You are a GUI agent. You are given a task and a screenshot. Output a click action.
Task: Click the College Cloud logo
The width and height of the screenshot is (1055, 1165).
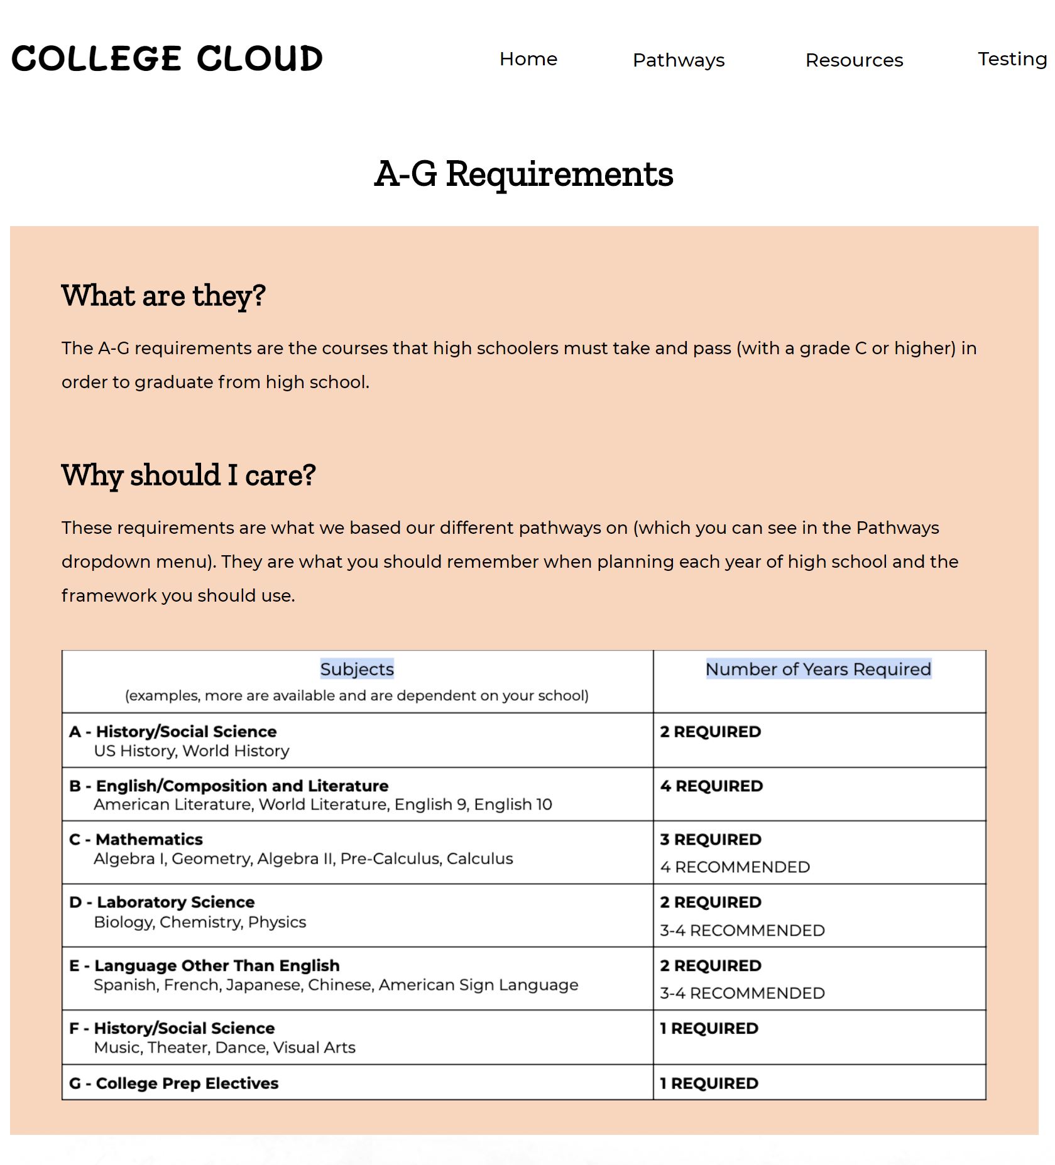click(167, 58)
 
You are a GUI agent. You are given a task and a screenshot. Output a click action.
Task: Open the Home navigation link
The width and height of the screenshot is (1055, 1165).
click(528, 59)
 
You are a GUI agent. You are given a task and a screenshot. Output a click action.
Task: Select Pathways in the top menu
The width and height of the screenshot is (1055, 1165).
click(679, 60)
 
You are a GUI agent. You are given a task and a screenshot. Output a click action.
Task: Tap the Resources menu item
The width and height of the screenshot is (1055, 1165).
click(854, 60)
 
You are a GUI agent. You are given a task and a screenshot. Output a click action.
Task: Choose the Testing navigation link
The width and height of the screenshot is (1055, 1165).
click(1012, 59)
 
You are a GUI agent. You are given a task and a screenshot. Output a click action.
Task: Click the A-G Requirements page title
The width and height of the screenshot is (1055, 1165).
click(523, 174)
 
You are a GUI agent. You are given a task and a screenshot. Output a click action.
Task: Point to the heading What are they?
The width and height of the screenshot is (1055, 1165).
click(163, 296)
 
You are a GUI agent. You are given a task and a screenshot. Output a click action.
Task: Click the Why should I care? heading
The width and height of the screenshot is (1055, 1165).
click(189, 475)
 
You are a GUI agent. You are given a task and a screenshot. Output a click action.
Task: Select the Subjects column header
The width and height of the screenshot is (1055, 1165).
click(357, 669)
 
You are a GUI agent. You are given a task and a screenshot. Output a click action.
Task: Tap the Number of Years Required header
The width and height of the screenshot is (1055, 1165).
click(818, 669)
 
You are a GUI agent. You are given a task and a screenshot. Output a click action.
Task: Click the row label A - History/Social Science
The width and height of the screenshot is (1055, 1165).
click(173, 732)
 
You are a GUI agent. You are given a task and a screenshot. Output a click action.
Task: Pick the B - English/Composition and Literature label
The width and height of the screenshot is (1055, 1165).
click(229, 786)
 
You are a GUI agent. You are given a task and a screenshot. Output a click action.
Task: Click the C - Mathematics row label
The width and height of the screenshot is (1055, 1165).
click(136, 840)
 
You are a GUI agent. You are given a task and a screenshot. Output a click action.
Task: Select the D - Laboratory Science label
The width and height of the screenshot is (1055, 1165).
click(162, 902)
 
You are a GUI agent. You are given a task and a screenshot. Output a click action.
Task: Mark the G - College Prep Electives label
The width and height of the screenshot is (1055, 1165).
click(173, 1083)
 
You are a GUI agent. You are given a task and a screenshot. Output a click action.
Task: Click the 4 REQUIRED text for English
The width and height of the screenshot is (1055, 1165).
click(711, 786)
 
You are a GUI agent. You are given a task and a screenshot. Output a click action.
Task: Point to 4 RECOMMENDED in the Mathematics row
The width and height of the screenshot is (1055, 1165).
click(735, 867)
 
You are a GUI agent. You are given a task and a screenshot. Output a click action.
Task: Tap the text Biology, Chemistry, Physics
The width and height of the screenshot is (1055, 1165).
click(200, 923)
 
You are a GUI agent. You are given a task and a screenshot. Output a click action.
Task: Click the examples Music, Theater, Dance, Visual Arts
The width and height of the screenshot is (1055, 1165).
click(224, 1048)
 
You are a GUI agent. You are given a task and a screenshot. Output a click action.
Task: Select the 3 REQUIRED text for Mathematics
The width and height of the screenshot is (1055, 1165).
click(711, 840)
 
